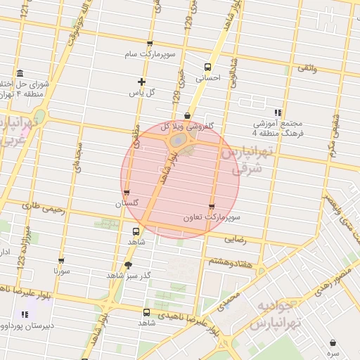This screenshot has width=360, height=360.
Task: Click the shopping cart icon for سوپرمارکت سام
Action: tap(148, 44)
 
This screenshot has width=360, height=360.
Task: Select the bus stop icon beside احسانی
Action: tap(206, 67)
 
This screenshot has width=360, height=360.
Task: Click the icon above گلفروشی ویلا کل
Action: tap(186, 116)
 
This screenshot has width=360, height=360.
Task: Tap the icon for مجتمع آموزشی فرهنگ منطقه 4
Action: tap(279, 112)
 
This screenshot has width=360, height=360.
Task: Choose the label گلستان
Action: tap(127, 203)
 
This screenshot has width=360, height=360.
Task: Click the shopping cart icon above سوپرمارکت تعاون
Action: tap(212, 206)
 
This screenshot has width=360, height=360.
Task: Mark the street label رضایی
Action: tap(236, 239)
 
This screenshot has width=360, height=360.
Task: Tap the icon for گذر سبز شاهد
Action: tap(127, 265)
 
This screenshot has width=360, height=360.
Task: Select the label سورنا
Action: tap(61, 269)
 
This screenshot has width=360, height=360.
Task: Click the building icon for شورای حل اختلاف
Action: tap(18, 74)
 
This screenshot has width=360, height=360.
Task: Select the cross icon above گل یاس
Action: tap(142, 82)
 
